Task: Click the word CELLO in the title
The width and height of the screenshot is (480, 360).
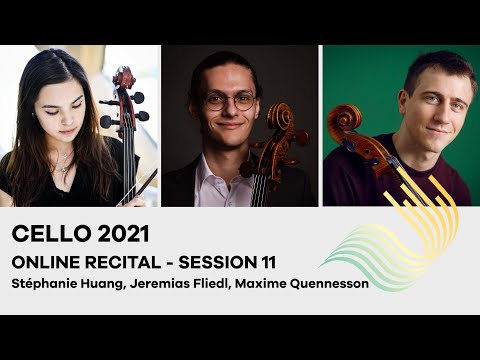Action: point(45,234)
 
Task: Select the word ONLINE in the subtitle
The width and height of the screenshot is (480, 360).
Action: point(45,261)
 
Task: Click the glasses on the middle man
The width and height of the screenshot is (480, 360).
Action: point(230,101)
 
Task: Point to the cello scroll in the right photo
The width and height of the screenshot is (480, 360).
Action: point(344,119)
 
